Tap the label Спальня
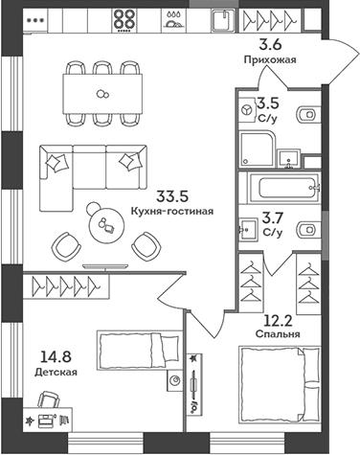pyautogui.click(x=279, y=334)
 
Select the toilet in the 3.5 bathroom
pyautogui.click(x=306, y=116)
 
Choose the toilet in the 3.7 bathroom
pyautogui.click(x=306, y=230)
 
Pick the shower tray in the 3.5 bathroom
pyautogui.click(x=258, y=148)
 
